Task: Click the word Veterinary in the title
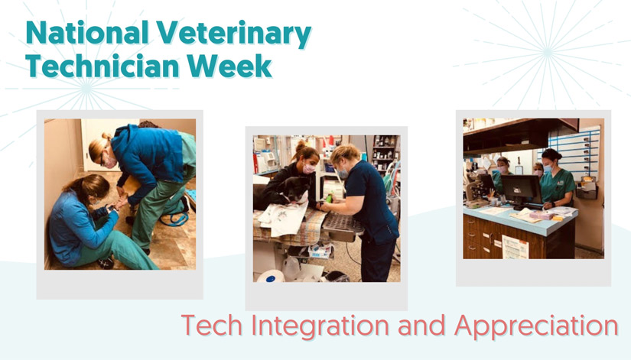pyautogui.click(x=233, y=34)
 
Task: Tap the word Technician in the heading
pyautogui.click(x=102, y=66)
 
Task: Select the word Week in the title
pyautogui.click(x=229, y=66)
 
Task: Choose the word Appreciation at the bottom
pyautogui.click(x=536, y=326)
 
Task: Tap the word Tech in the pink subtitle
pyautogui.click(x=212, y=325)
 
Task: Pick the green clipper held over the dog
pyautogui.click(x=329, y=198)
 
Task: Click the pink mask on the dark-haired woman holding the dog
pyautogui.click(x=309, y=169)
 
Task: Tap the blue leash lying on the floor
pyautogui.click(x=174, y=219)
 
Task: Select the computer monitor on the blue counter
pyautogui.click(x=521, y=190)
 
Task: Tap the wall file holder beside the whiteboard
pyautogui.click(x=587, y=188)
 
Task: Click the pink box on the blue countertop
pyautogui.click(x=542, y=216)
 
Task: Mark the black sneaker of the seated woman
pyautogui.click(x=106, y=263)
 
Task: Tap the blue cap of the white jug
pyautogui.click(x=271, y=279)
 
